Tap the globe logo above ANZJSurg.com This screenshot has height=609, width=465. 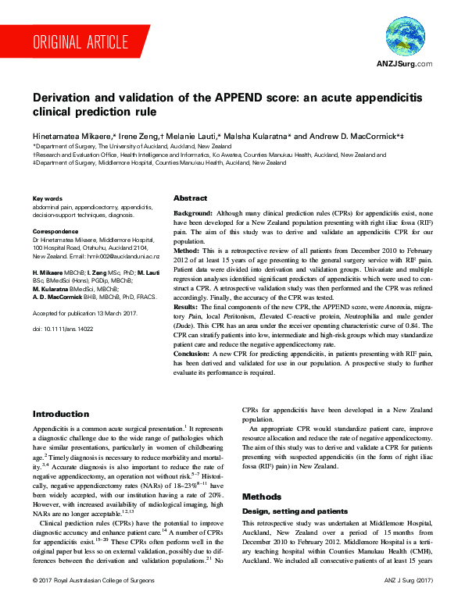point(405,37)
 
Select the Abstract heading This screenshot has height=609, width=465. point(190,198)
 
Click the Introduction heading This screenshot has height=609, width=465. point(60,414)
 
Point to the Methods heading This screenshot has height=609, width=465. point(262,497)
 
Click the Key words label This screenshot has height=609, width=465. point(46,199)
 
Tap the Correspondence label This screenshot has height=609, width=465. point(57,233)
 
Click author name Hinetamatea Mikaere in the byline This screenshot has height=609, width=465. point(73,136)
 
